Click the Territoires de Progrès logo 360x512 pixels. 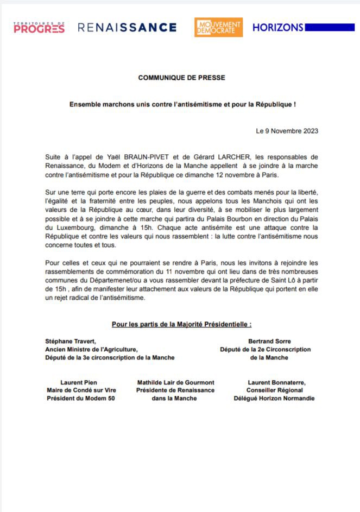tap(39, 27)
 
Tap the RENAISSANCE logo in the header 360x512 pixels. tap(127, 28)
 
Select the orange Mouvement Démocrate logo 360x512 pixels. tap(218, 27)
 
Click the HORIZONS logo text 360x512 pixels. tap(277, 27)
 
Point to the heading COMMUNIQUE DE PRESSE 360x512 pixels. tap(181, 78)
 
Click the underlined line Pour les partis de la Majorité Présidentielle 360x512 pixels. tap(181, 325)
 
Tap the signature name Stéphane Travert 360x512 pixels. tap(71, 341)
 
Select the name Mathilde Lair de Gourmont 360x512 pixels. tap(175, 382)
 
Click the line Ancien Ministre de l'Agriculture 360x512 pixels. tap(92, 350)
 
